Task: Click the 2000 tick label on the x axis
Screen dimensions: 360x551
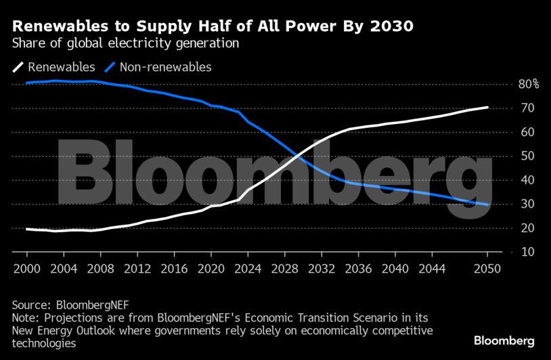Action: (x=26, y=269)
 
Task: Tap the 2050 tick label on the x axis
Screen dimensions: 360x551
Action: (x=487, y=269)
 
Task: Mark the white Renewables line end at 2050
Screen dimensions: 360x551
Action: (x=487, y=107)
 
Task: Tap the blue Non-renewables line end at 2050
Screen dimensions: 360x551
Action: (x=487, y=204)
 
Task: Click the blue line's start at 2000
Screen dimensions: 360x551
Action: (x=26, y=83)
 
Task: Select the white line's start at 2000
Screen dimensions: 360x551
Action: (x=26, y=229)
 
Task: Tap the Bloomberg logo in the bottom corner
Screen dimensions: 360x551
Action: (x=504, y=340)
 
